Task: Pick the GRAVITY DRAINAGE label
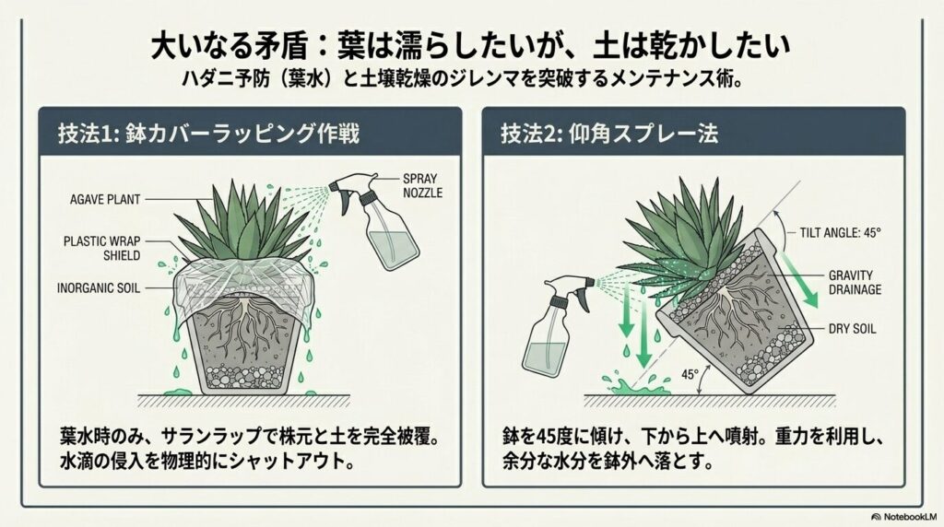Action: pos(854,282)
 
